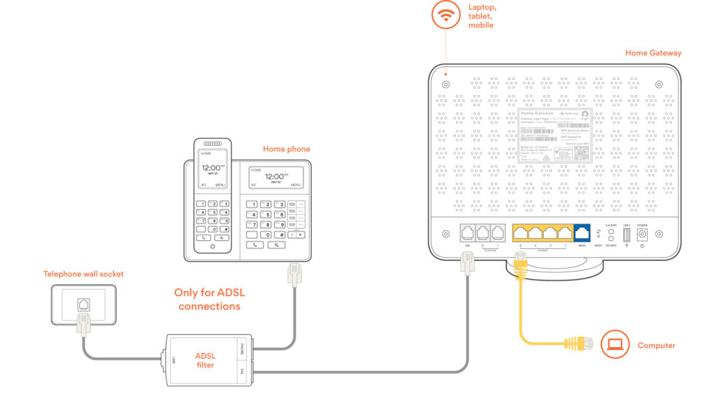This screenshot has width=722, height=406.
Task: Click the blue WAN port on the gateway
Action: [582, 233]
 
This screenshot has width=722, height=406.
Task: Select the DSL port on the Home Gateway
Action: [467, 233]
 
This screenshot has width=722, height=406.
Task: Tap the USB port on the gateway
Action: [626, 234]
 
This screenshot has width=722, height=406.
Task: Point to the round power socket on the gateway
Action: [642, 234]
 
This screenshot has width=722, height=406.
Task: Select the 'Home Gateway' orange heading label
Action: [653, 53]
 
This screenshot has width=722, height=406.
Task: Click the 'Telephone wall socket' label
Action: [83, 274]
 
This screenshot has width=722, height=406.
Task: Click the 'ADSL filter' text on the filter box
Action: [206, 360]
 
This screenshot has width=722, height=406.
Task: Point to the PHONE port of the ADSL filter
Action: [242, 349]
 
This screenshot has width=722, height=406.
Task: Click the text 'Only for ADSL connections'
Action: [207, 299]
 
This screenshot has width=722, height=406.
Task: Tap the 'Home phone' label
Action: [286, 149]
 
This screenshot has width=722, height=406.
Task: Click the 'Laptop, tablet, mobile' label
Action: [481, 15]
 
